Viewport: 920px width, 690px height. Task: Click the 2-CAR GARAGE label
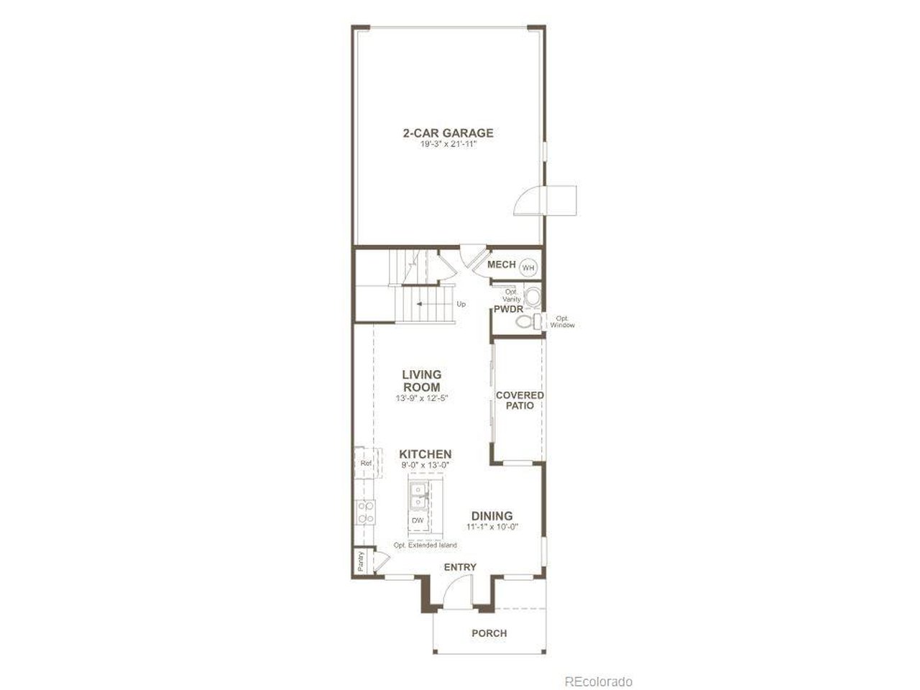coord(447,133)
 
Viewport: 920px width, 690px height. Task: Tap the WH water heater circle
coord(528,267)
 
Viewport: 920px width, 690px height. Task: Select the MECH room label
coord(501,264)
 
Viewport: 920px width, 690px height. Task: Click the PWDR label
coord(507,309)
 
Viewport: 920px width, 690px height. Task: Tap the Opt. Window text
coord(562,321)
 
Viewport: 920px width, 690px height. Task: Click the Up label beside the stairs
coord(461,304)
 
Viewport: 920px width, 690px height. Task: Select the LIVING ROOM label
coord(421,380)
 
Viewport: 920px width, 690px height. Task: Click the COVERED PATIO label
coord(520,400)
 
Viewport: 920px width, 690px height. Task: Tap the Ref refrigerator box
coord(365,464)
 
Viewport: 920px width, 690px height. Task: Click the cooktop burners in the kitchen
coord(365,511)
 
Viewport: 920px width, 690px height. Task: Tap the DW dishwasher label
coord(418,520)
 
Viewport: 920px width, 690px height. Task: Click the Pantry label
coord(361,561)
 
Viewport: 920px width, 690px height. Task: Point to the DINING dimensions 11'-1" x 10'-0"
coord(492,527)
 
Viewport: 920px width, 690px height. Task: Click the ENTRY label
coord(460,567)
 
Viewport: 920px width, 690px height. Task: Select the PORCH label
coord(489,633)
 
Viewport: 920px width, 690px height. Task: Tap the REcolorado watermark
coord(598,681)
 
